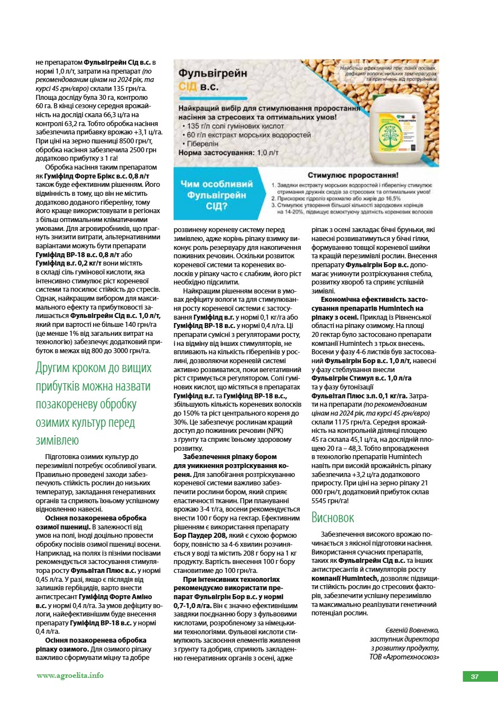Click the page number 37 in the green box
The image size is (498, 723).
pyautogui.click(x=475, y=677)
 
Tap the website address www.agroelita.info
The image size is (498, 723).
pyautogui.click(x=70, y=676)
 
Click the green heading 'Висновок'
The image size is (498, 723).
pyautogui.click(x=333, y=518)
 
